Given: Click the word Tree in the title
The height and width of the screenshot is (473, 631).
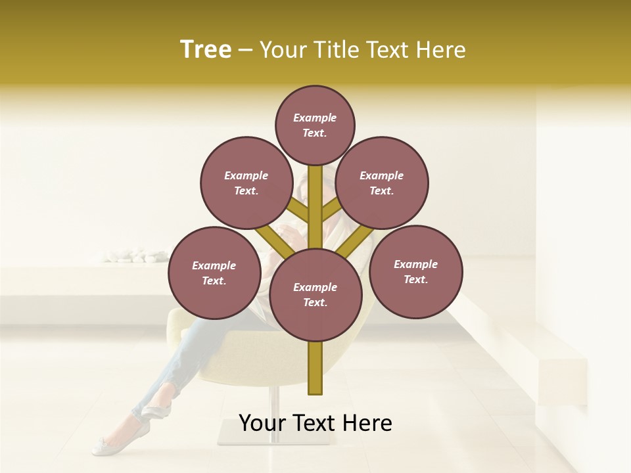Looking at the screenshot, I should pos(206,50).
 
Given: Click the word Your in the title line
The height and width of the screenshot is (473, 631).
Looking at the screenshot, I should pos(283,50).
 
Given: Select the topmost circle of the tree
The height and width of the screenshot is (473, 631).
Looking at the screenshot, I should pos(315,125).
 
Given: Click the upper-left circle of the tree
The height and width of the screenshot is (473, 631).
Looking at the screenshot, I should pos(246,183).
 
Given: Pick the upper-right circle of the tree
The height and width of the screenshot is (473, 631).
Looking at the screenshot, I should pos(382,183).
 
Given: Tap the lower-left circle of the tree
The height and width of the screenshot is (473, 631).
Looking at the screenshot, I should pos(214,273).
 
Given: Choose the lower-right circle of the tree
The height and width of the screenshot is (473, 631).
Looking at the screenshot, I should pos(415,271).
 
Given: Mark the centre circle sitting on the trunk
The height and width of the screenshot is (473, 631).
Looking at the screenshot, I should pos(315,295).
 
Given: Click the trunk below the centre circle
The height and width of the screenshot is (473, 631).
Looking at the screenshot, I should pos(315,368).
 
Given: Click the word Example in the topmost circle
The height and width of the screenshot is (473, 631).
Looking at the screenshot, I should pos(315,118).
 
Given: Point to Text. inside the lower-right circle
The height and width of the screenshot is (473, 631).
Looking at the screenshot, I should pos(415,279).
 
